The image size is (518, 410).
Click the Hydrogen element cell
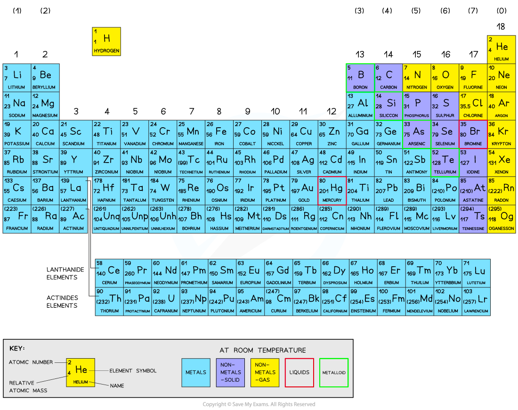coord(106,41)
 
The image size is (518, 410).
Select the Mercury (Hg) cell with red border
coord(332,191)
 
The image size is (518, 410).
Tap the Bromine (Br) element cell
coord(473,134)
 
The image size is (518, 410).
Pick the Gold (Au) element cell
coord(304,191)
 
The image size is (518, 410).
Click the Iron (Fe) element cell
coord(219,134)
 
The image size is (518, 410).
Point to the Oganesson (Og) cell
coord(502,219)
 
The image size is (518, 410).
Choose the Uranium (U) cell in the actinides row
coord(166,302)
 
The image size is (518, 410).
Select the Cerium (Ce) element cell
coord(109,273)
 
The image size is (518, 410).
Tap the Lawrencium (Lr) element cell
coord(476,302)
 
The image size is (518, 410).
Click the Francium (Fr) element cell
coord(17,219)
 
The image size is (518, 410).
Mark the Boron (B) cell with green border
coord(360,78)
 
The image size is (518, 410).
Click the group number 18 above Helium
coord(501,26)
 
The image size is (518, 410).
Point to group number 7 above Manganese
coord(192,111)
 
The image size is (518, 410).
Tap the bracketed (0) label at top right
coord(502,10)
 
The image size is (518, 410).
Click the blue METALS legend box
coord(196,373)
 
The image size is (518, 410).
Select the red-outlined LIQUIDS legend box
coord(299,373)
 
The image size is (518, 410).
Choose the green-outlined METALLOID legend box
coord(334,373)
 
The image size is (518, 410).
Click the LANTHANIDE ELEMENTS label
coord(65,273)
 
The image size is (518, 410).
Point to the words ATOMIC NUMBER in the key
coord(31,362)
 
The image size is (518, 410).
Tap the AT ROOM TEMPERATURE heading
coord(263,350)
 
